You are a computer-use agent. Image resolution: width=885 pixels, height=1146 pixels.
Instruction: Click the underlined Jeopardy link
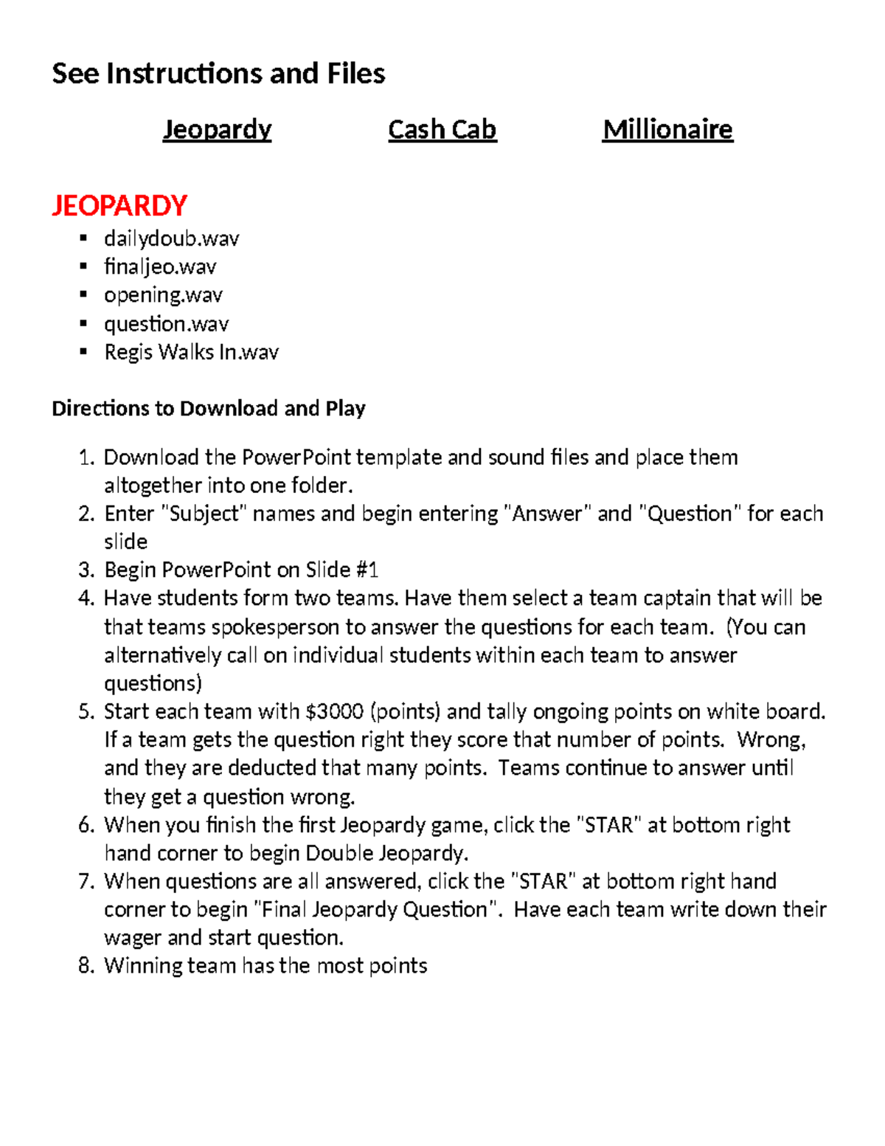click(x=217, y=130)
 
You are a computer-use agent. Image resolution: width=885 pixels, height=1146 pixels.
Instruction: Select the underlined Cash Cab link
click(x=442, y=130)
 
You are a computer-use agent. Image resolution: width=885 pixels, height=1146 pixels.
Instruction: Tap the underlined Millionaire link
click(x=667, y=130)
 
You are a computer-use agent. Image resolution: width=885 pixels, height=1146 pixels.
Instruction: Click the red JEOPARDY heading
click(x=119, y=205)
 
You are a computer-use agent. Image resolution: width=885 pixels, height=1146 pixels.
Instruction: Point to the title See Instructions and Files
click(x=218, y=74)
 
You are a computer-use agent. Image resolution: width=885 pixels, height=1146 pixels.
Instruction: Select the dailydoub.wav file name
click(x=171, y=238)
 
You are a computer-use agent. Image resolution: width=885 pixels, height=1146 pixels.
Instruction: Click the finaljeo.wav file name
click(x=160, y=266)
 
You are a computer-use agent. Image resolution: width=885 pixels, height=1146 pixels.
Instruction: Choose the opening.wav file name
click(x=163, y=295)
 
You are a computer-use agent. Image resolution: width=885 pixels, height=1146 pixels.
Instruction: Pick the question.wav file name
click(x=166, y=324)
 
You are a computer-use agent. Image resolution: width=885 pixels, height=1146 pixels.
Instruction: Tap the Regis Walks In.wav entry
click(x=191, y=352)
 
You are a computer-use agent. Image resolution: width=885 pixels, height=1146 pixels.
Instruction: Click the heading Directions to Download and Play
click(x=209, y=409)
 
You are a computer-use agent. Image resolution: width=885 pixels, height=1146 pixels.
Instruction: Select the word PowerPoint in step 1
click(x=296, y=458)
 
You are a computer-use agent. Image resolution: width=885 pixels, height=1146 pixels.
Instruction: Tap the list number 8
click(x=86, y=966)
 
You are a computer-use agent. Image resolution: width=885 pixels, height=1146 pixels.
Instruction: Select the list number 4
click(x=86, y=598)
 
